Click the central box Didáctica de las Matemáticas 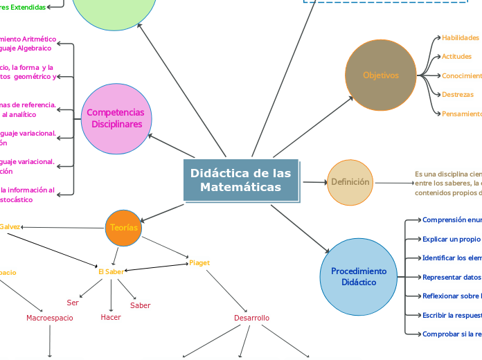pos(241,180)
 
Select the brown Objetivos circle pos(380,75)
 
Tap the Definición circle pos(350,182)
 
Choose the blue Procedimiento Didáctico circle pos(358,276)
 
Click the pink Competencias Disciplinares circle pos(116,118)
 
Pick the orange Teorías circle pos(124,228)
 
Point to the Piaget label pos(199,263)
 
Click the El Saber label pos(111,271)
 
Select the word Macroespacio pos(50,318)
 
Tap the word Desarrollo pos(252,318)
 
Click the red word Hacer pos(111,317)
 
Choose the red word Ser pos(73,303)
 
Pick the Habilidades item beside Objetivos pos(461,37)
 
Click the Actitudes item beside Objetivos pos(456,57)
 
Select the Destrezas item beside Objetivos pos(458,94)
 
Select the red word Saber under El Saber pos(140,305)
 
